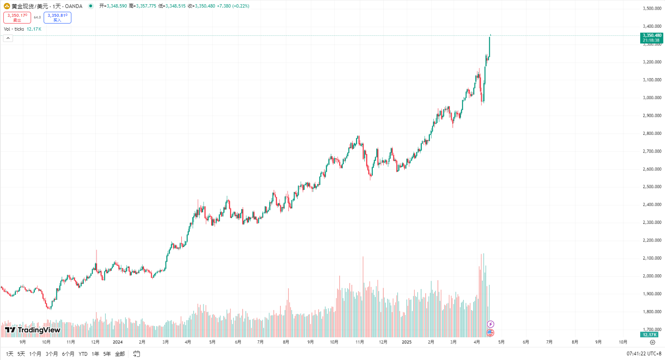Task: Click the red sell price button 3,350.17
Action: [17, 17]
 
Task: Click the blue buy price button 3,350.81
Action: [58, 17]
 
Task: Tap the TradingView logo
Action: [33, 330]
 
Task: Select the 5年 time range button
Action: [107, 354]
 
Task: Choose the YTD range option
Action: [83, 354]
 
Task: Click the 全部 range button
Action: [120, 354]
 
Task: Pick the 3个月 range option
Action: [52, 354]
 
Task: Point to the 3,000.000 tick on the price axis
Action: [652, 97]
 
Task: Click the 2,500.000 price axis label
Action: [652, 187]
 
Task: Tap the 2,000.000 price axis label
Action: [652, 276]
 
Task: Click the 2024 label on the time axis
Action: [118, 342]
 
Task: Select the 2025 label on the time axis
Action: [406, 342]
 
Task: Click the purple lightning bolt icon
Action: [490, 324]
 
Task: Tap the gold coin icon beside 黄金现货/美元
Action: [7, 6]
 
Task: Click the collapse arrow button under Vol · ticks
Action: [8, 38]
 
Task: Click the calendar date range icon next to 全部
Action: [136, 354]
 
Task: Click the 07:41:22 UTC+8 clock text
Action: [644, 354]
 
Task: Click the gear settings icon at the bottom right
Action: [652, 342]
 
